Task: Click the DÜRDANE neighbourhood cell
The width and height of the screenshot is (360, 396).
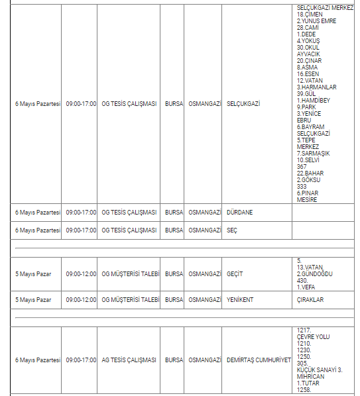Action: (239, 213)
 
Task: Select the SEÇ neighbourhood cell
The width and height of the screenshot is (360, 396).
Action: (232, 230)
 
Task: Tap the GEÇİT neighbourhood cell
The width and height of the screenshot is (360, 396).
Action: (235, 273)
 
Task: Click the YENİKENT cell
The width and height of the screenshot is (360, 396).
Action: (240, 299)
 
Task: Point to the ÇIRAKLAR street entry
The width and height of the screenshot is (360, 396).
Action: (310, 299)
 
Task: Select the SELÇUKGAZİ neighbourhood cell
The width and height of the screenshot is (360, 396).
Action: (243, 104)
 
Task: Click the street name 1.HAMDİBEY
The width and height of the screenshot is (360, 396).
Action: (313, 100)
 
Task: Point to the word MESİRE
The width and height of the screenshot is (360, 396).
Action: (307, 199)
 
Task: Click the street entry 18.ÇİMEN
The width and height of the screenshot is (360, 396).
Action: (310, 14)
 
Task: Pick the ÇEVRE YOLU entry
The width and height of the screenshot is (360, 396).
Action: (313, 337)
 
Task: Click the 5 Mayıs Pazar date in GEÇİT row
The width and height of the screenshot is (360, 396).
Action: (33, 273)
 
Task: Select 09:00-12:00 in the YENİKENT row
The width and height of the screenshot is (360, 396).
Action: (81, 299)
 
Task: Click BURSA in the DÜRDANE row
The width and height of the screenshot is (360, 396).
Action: (174, 213)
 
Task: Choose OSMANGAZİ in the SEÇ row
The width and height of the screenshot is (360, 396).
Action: (204, 230)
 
